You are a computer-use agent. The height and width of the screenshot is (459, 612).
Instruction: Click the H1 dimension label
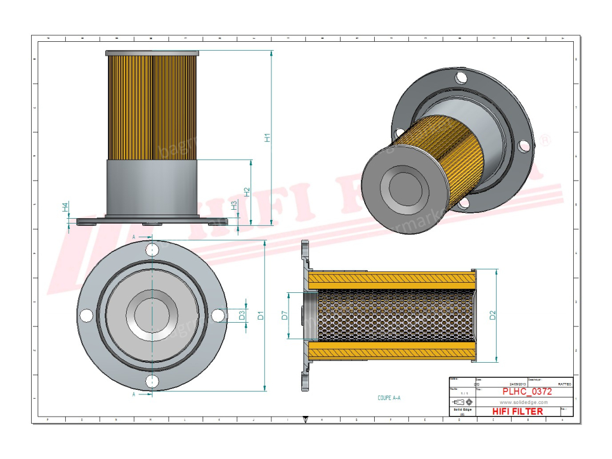(268, 137)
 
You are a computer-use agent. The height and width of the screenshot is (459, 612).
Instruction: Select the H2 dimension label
(247, 192)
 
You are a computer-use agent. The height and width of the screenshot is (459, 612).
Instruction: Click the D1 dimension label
(261, 315)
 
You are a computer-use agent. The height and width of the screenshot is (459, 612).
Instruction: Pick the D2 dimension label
(492, 315)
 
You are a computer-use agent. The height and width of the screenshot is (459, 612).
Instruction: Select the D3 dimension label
(243, 315)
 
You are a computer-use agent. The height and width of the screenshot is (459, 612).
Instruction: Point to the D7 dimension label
(284, 315)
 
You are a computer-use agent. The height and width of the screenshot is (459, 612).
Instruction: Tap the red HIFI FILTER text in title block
(518, 411)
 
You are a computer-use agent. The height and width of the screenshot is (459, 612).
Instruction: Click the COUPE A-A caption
(389, 397)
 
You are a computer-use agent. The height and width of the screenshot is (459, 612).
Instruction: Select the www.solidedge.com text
(518, 402)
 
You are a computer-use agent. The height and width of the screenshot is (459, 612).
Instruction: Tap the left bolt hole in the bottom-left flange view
(86, 315)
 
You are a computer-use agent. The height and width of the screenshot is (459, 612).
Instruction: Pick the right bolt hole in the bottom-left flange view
(218, 315)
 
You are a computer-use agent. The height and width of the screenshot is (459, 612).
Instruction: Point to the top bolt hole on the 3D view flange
(460, 78)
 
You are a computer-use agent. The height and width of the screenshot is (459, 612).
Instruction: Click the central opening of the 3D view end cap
(408, 189)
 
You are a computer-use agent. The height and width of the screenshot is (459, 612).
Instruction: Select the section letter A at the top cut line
(133, 237)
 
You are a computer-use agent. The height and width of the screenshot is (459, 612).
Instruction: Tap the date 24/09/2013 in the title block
(518, 384)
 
